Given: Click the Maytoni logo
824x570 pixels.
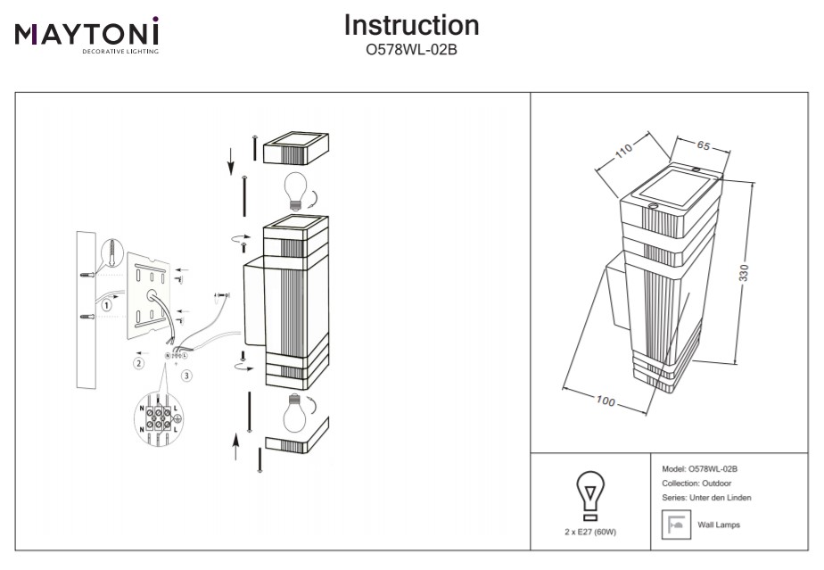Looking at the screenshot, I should coord(87,35).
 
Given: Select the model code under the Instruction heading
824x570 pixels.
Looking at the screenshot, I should coord(411,50).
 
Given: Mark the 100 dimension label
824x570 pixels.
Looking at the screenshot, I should coord(606,402).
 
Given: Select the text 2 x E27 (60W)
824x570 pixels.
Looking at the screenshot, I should coord(589,532).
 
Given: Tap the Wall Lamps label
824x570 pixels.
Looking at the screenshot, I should coord(718,525).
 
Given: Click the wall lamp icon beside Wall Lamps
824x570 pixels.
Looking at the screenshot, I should coord(675,525).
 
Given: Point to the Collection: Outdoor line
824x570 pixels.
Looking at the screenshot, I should coord(696,483).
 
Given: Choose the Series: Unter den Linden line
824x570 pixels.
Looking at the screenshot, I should coord(706,497).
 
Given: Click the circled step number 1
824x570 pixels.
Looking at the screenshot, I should coord(106,304).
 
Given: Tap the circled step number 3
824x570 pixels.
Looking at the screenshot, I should coord(186,376).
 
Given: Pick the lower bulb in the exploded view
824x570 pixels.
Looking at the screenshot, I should coord(295,412).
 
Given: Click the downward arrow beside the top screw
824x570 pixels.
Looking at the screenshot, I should coord(230,161).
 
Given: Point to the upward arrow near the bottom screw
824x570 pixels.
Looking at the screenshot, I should coord(235,444).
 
